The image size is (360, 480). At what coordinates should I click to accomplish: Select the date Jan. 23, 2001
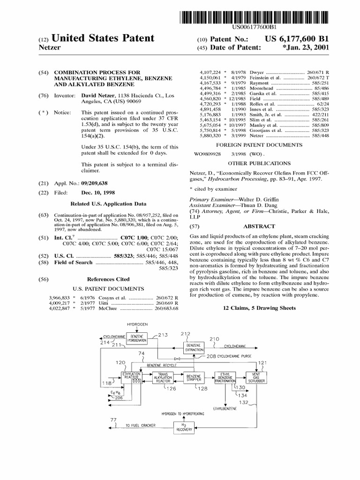[304, 48]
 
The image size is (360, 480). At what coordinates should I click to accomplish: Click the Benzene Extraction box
[194, 347]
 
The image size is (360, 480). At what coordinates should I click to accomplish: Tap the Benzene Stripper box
[194, 378]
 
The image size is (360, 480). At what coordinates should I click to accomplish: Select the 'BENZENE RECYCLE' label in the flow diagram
[162, 365]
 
